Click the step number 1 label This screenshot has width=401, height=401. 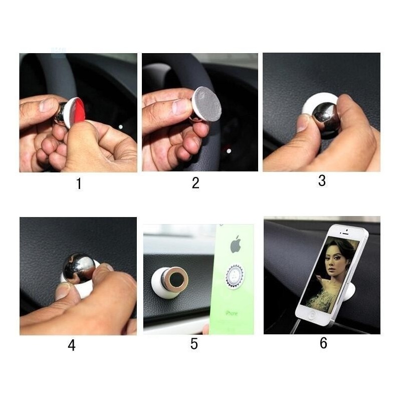pyautogui.click(x=79, y=183)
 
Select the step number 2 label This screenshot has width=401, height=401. pyautogui.click(x=195, y=183)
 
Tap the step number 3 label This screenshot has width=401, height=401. pyautogui.click(x=322, y=180)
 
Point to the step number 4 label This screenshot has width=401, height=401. pyautogui.click(x=72, y=345)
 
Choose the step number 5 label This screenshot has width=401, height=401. pyautogui.click(x=194, y=344)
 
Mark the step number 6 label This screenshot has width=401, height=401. pyautogui.click(x=323, y=343)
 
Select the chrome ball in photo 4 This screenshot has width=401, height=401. pyautogui.click(x=79, y=268)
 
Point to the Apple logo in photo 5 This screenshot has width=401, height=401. pyautogui.click(x=236, y=245)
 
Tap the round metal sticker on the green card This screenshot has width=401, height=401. pyautogui.click(x=235, y=277)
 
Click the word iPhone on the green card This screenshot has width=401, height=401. pyautogui.click(x=232, y=313)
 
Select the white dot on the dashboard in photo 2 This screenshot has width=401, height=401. pyautogui.click(x=229, y=151)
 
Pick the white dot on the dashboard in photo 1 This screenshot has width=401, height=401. pyautogui.click(x=121, y=127)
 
